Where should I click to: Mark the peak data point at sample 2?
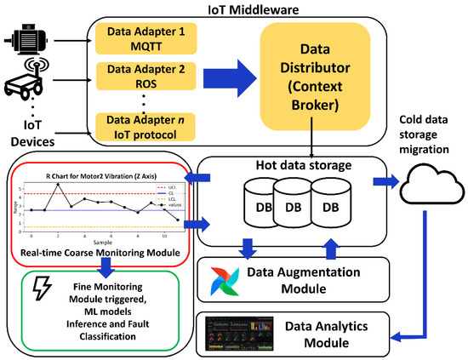coord(58,185)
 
